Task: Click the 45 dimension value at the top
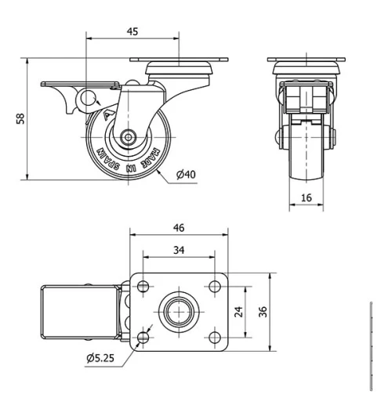132,31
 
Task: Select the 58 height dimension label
21,118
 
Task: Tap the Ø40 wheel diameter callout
185,174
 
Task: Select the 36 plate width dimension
264,311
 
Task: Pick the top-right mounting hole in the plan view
214,286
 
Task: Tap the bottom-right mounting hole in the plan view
214,337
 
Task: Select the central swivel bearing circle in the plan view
178,311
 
